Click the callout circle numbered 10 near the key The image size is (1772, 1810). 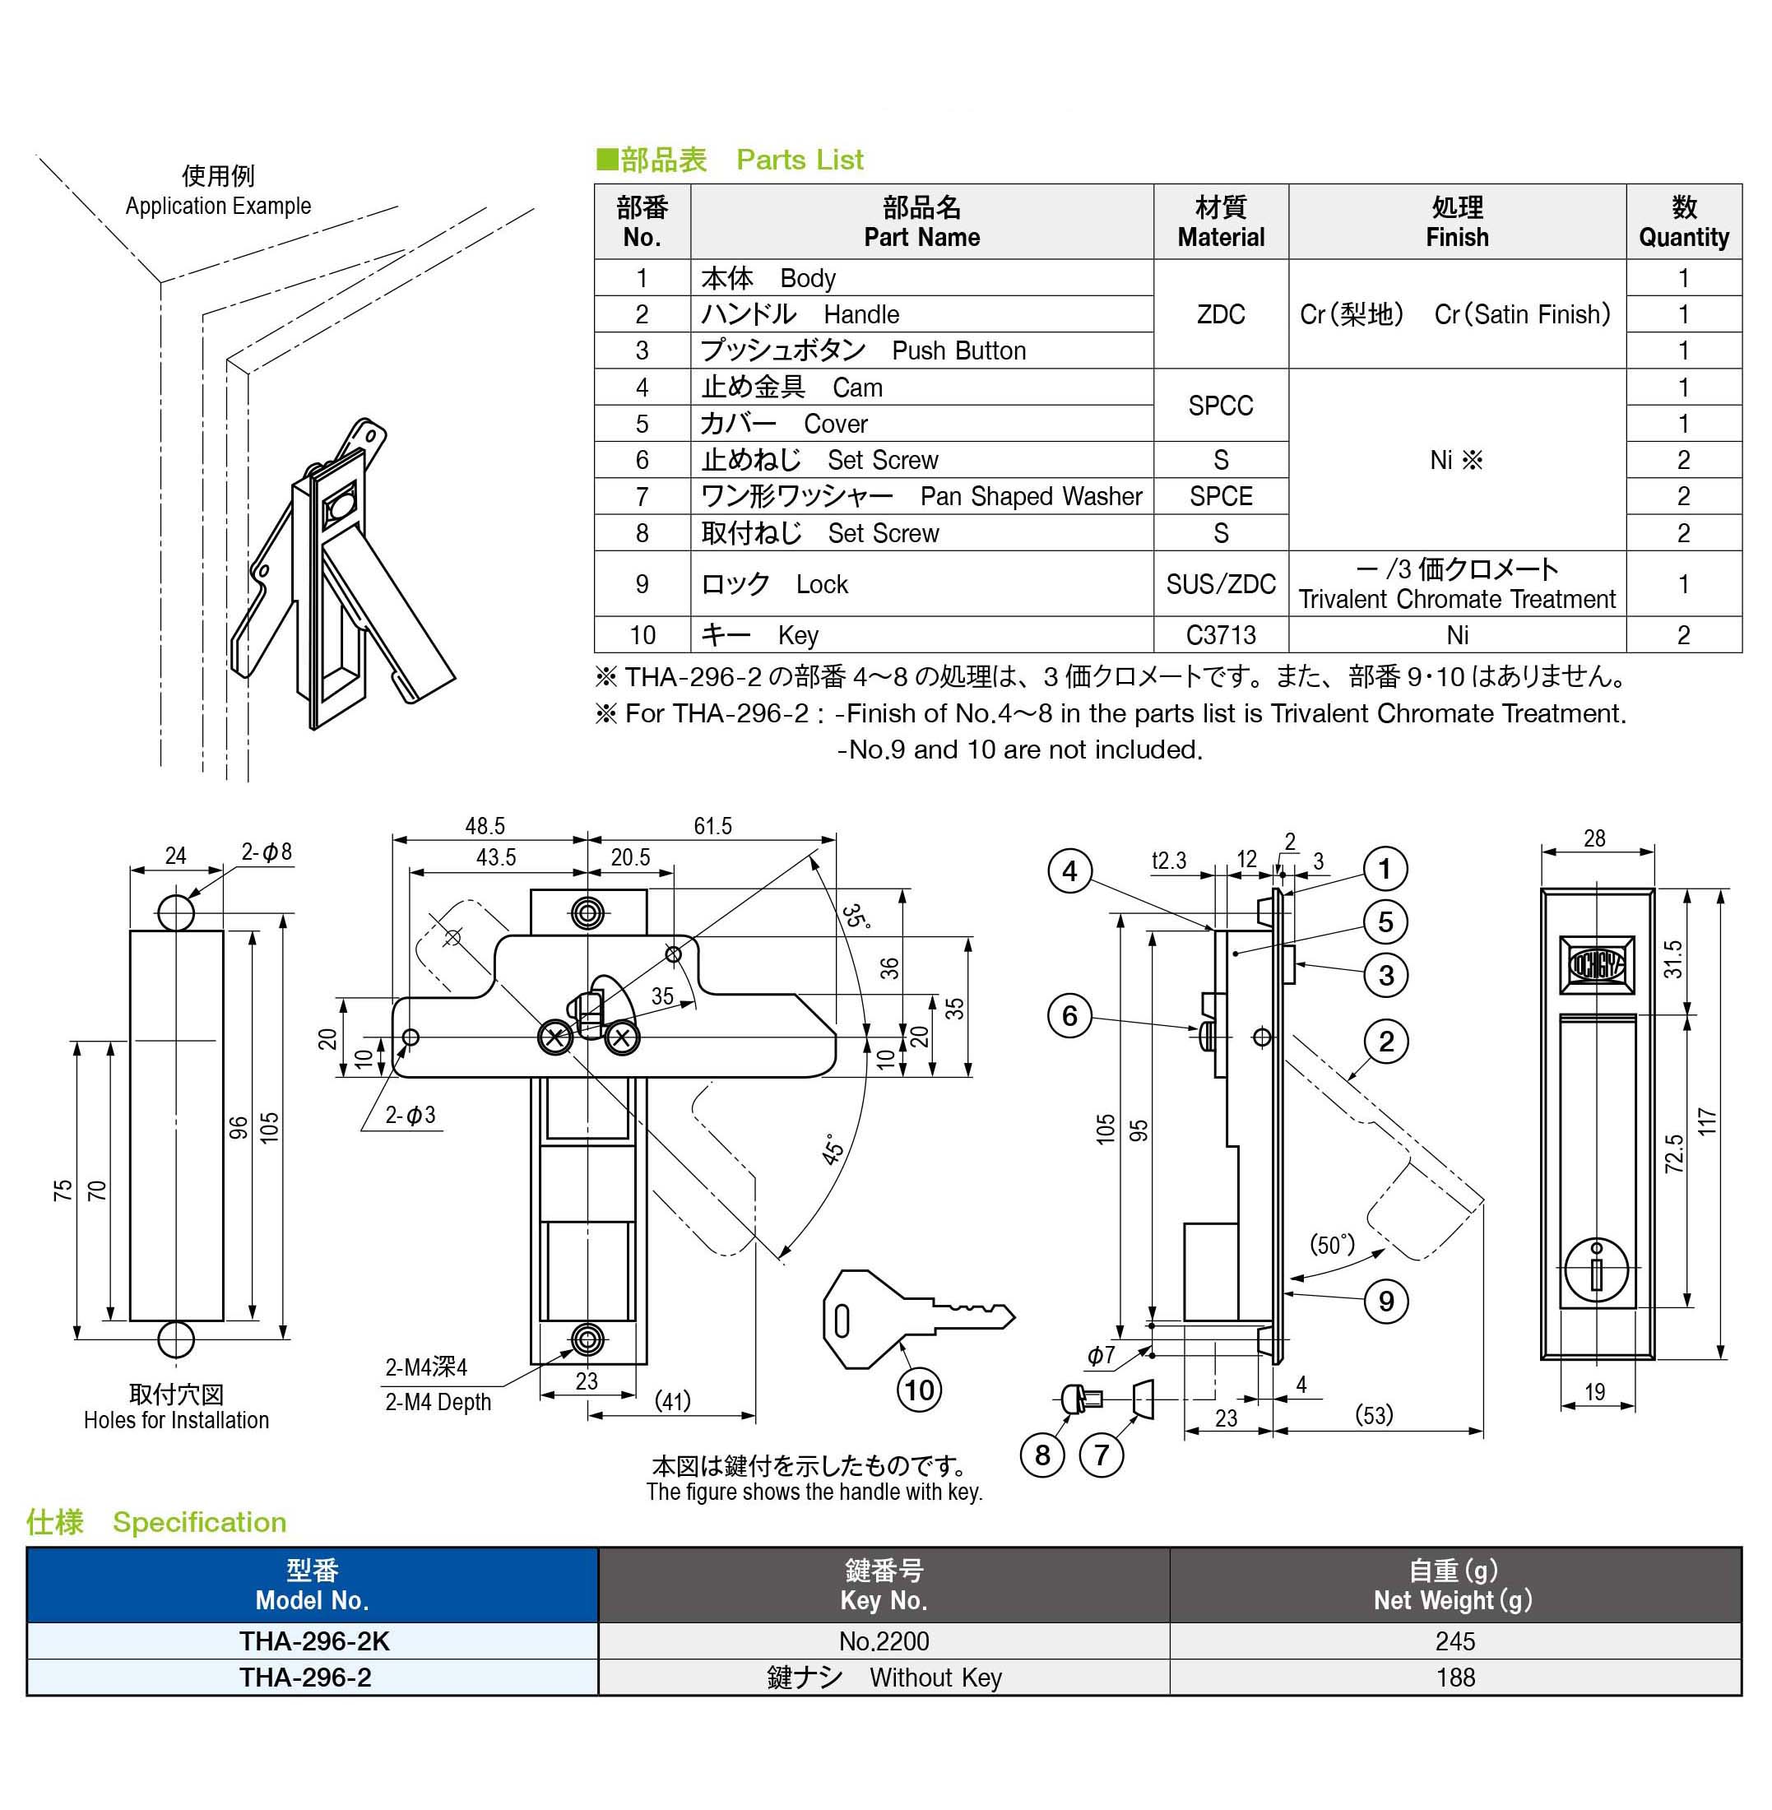[x=919, y=1390]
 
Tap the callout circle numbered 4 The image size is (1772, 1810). [x=1069, y=871]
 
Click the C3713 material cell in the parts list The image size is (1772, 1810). [x=1220, y=634]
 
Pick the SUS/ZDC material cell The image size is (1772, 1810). [x=1220, y=583]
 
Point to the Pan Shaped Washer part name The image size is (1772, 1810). [x=1030, y=496]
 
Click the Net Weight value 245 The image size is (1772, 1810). [x=1454, y=1641]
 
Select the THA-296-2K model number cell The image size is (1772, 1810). [x=313, y=1641]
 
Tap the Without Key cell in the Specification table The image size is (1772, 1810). [x=935, y=1677]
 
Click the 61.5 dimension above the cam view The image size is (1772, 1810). [x=713, y=826]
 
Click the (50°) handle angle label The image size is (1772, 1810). [x=1332, y=1244]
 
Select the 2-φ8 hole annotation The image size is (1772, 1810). [x=267, y=852]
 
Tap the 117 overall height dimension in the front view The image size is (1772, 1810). [x=1706, y=1121]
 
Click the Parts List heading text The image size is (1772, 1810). [x=800, y=160]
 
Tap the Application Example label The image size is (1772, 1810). [x=218, y=206]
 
